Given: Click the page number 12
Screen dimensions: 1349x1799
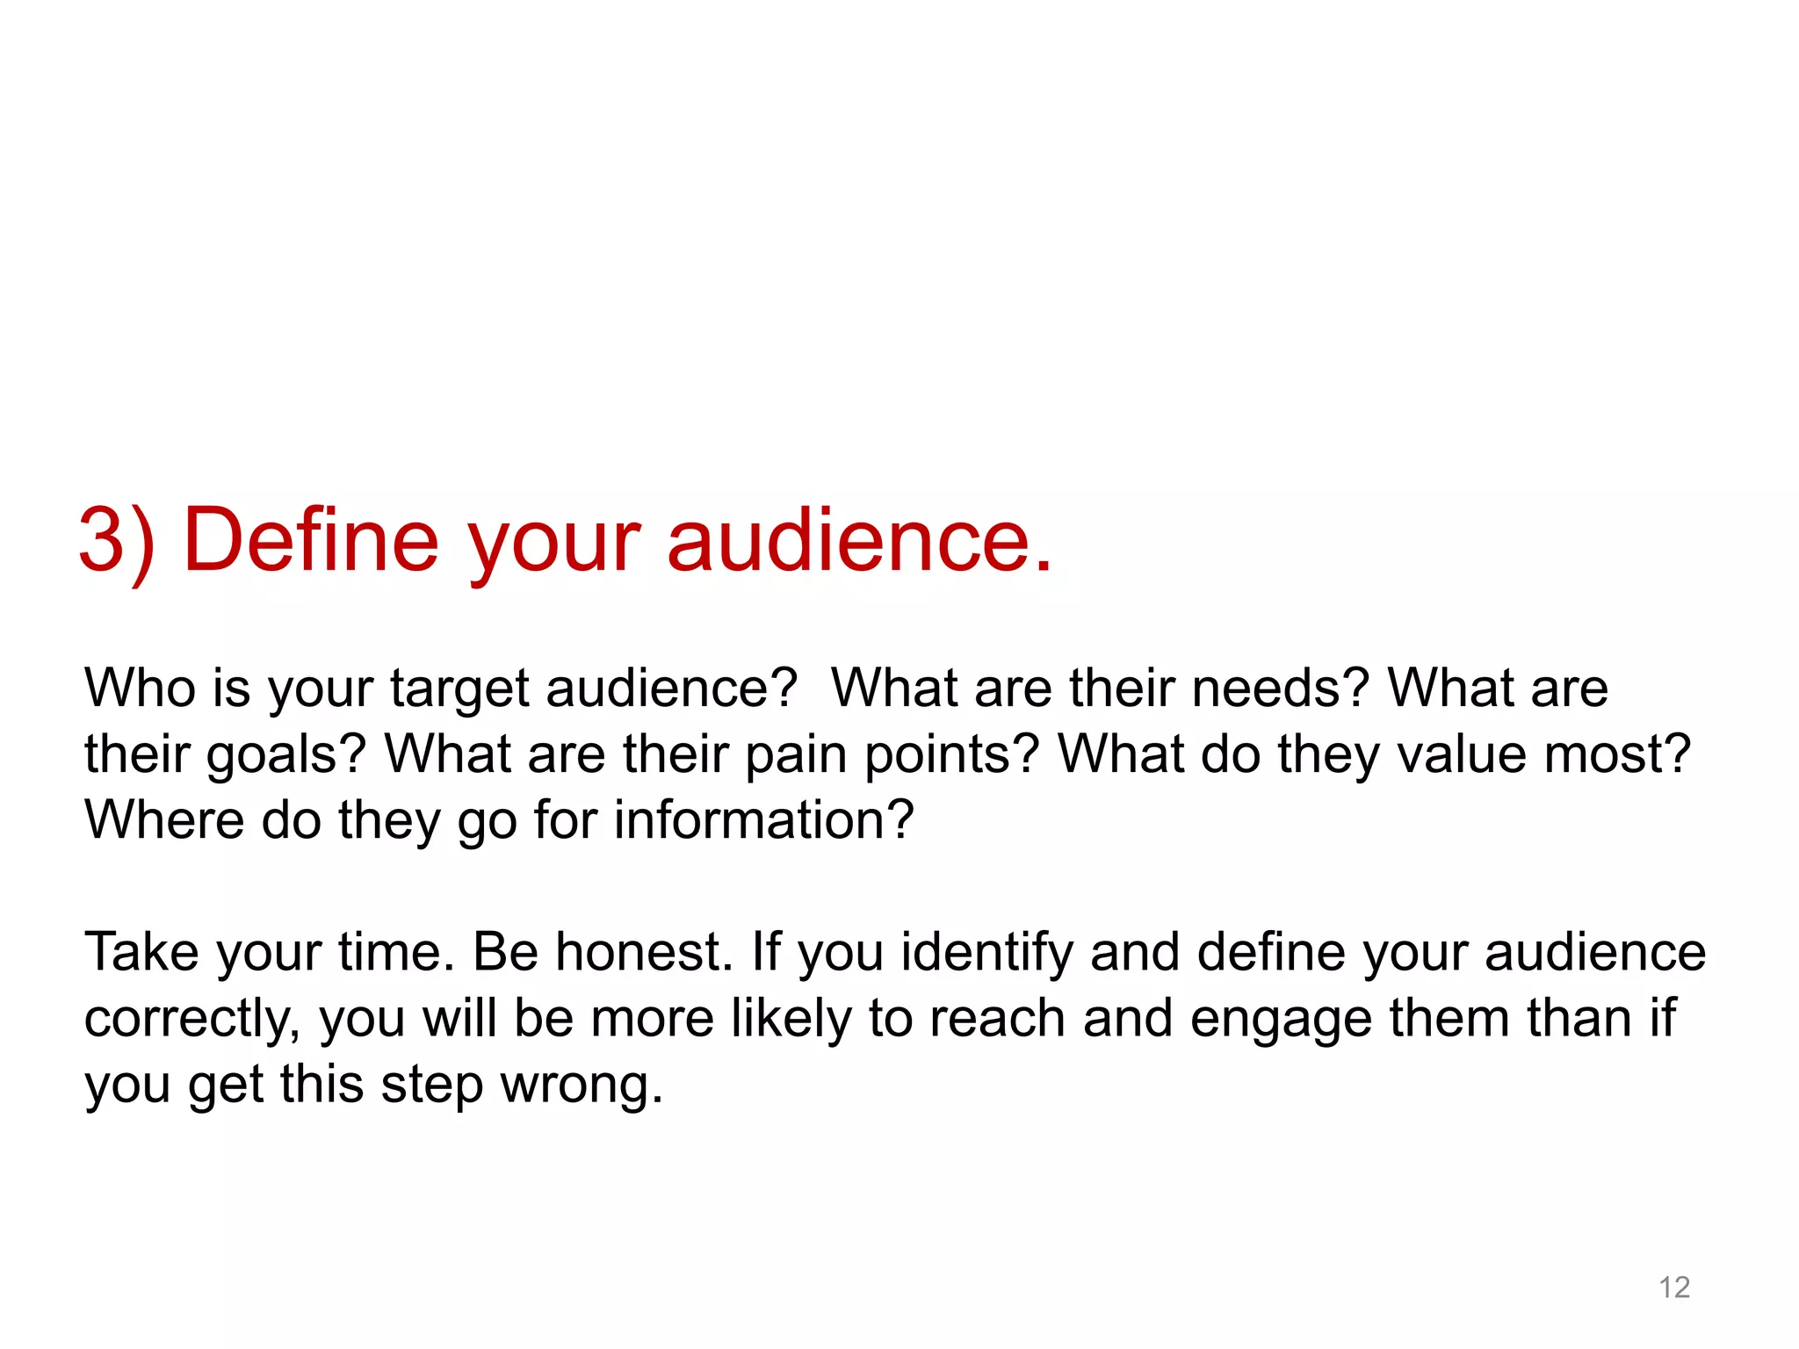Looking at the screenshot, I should point(1674,1288).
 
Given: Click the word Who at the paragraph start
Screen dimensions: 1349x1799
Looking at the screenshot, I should point(140,688).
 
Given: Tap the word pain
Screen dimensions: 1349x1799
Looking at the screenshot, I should point(796,755).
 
